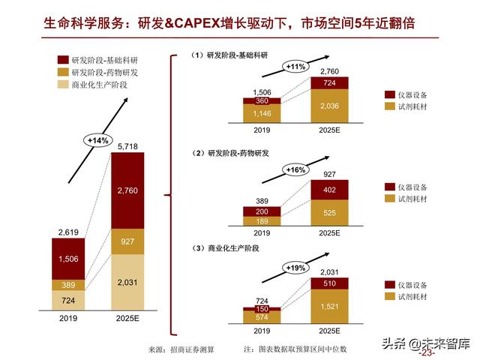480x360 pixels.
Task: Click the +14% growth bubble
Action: tap(98, 140)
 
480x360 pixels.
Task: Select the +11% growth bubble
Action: tap(297, 67)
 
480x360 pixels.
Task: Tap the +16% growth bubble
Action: tap(297, 170)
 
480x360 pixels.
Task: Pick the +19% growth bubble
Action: tap(297, 267)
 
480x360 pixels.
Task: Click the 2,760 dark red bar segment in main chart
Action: tap(127, 191)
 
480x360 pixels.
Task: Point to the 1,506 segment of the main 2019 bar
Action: tap(69, 259)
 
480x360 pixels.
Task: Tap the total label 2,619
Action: tap(69, 232)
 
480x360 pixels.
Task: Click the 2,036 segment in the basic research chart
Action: tap(330, 106)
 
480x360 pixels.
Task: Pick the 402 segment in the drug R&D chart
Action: tap(330, 190)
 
